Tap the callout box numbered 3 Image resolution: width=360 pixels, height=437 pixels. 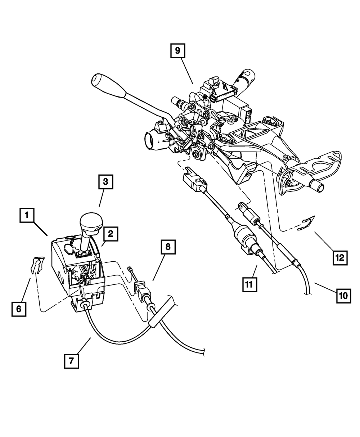(x=106, y=182)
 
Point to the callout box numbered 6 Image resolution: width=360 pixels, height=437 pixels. (x=19, y=308)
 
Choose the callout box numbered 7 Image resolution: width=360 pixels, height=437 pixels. (x=72, y=361)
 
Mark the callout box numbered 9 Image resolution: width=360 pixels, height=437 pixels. (x=177, y=51)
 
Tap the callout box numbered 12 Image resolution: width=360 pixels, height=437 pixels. (x=340, y=257)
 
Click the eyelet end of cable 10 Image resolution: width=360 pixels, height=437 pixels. (x=240, y=208)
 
